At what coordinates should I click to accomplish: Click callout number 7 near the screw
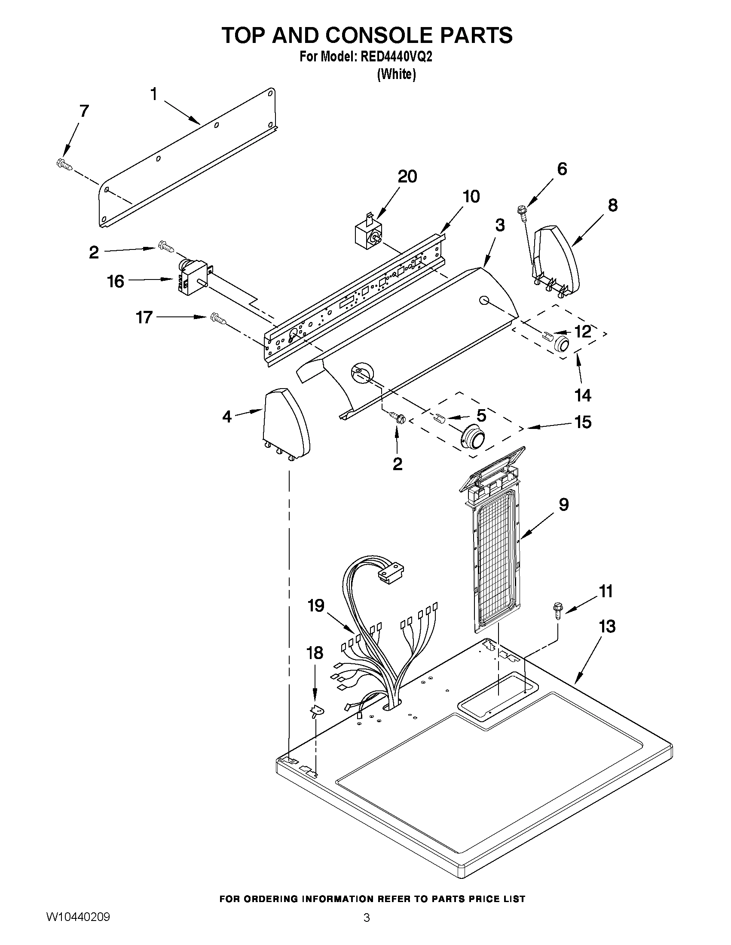point(83,111)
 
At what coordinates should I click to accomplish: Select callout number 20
point(407,176)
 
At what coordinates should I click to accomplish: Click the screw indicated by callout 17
point(219,319)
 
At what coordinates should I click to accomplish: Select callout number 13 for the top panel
point(607,626)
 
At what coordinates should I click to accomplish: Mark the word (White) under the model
point(396,74)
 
